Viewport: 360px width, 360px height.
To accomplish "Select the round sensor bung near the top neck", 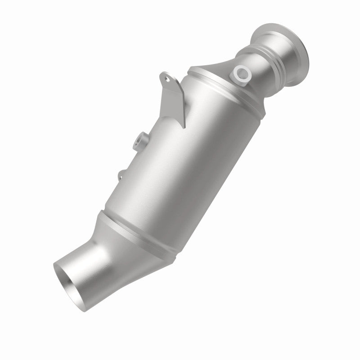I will point(241,75).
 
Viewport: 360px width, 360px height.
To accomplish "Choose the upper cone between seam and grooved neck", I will point(220,72).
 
